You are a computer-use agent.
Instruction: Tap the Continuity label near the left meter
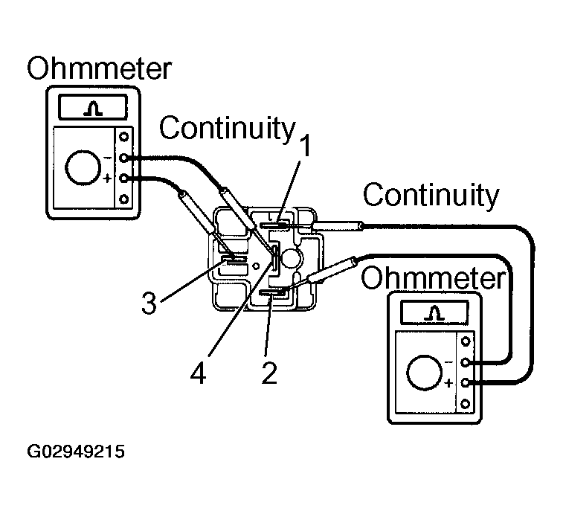(x=227, y=128)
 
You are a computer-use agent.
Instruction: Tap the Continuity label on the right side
(x=431, y=196)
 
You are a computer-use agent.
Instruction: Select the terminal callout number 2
(x=269, y=371)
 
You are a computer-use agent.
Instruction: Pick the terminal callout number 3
(x=149, y=303)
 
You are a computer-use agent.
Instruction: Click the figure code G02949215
(x=76, y=452)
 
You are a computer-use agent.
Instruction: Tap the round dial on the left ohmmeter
(x=83, y=169)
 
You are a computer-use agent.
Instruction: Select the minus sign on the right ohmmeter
(x=448, y=362)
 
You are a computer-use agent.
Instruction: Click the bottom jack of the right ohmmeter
(x=466, y=404)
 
